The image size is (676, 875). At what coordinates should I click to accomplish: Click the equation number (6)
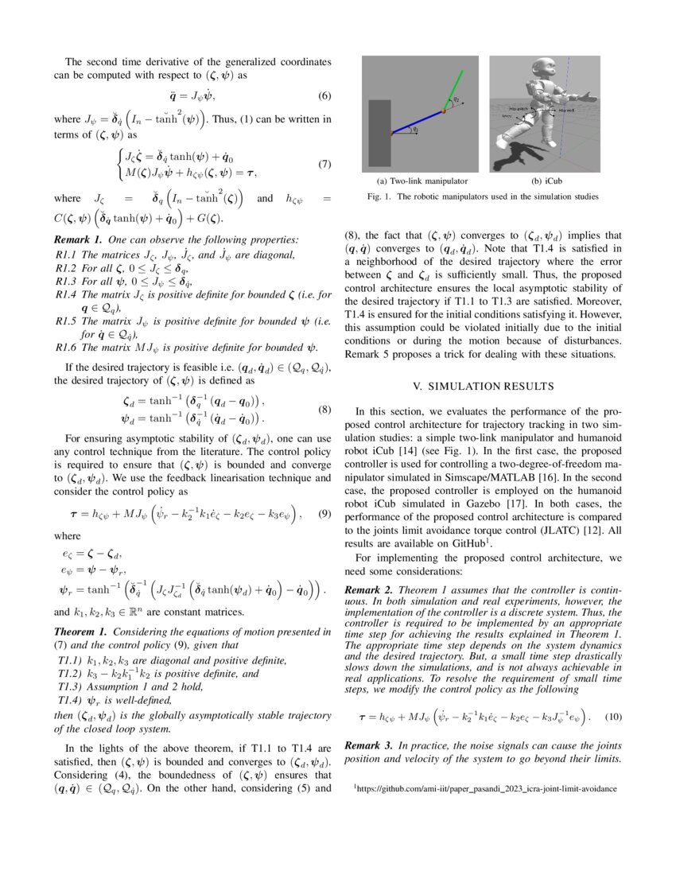pyautogui.click(x=324, y=96)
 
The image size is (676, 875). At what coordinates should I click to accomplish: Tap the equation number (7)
pyautogui.click(x=324, y=165)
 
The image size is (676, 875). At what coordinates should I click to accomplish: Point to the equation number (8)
pyautogui.click(x=324, y=410)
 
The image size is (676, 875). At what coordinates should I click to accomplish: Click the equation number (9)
pyautogui.click(x=324, y=514)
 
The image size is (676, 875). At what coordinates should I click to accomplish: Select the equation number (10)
pyautogui.click(x=612, y=717)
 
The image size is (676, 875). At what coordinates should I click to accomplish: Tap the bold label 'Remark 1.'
pyautogui.click(x=77, y=239)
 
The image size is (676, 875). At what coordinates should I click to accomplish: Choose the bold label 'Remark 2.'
pyautogui.click(x=369, y=590)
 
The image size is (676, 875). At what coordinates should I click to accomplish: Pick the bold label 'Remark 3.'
pyautogui.click(x=369, y=746)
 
